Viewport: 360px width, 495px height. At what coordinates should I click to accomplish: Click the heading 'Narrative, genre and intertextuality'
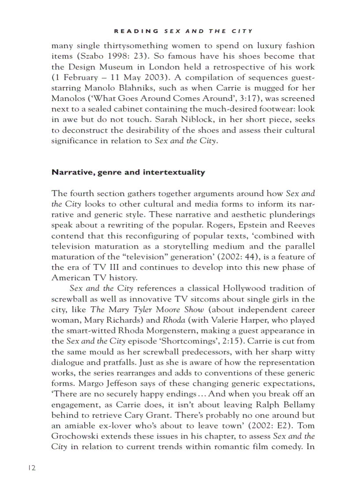(x=128, y=172)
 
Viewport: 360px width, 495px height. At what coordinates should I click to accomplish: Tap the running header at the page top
(x=183, y=31)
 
